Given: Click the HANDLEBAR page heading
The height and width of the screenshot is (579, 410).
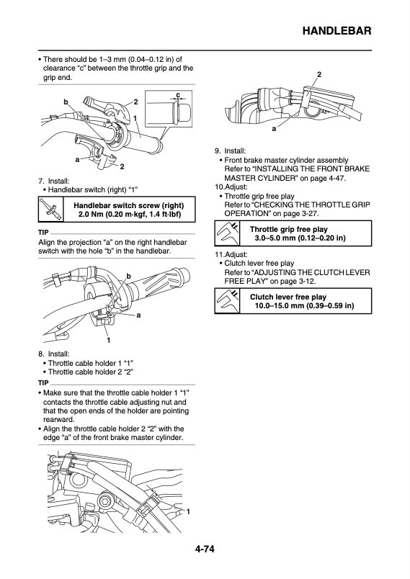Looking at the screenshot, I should click(x=337, y=31).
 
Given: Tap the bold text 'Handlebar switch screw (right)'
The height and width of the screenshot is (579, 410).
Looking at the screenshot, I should click(x=126, y=205).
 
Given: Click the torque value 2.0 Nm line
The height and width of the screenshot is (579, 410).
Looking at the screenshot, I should click(x=126, y=215).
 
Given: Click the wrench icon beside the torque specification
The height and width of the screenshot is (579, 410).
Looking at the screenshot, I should click(x=49, y=210).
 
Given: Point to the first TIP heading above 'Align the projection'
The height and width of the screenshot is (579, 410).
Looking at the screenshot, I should click(x=43, y=233).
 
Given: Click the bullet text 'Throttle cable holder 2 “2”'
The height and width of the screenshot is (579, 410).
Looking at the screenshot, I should click(x=90, y=372).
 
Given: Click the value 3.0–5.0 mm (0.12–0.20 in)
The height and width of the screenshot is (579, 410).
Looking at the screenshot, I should click(x=299, y=238).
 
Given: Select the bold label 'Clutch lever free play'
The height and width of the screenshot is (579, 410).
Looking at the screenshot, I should click(x=288, y=297).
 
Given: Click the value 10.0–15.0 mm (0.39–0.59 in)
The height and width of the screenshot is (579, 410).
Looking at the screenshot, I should click(x=303, y=306).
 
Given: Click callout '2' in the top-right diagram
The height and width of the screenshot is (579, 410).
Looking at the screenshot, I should click(x=319, y=75).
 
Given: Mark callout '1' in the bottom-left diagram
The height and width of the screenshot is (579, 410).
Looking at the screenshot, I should click(x=188, y=511).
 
